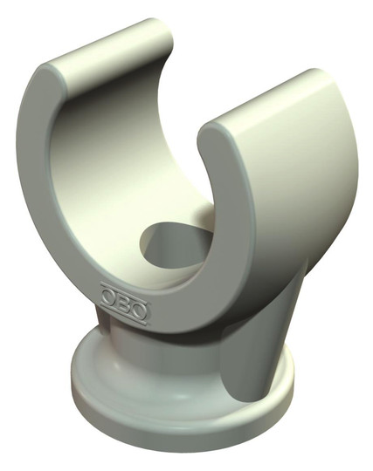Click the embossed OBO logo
pyautogui.click(x=124, y=304)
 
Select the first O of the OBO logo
pyautogui.click(x=108, y=297)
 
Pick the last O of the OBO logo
pyautogui.click(x=140, y=311)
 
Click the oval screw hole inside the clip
pyautogui.click(x=176, y=245)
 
